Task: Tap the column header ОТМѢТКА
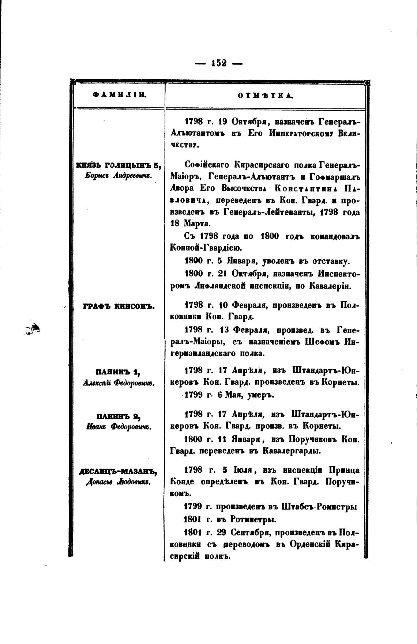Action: (266, 96)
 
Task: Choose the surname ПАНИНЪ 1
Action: (118, 373)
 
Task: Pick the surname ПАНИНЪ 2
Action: (119, 416)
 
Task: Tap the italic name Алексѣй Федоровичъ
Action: (118, 383)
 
